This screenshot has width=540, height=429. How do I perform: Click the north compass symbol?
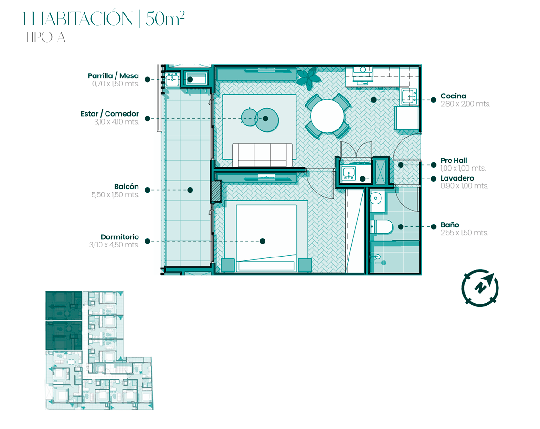(x=480, y=288)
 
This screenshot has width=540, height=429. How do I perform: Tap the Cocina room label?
(x=453, y=96)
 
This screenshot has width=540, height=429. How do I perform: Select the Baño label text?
(x=450, y=225)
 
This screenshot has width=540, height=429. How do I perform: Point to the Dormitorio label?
(x=119, y=237)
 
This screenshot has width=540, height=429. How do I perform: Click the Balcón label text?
(x=127, y=186)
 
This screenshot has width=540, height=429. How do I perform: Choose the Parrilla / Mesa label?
(x=113, y=76)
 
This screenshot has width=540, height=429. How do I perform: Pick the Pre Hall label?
(x=454, y=160)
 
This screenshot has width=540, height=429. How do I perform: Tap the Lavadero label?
(x=457, y=178)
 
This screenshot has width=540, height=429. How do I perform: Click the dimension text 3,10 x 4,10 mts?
(x=116, y=122)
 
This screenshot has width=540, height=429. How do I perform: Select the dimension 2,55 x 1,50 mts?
(x=464, y=233)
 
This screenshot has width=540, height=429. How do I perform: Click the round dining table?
(x=327, y=116)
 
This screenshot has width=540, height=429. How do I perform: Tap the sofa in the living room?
(x=263, y=155)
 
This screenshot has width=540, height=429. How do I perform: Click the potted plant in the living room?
(x=309, y=78)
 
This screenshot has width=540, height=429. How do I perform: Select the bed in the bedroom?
(x=266, y=238)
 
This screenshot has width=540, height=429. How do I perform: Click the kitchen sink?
(x=410, y=96)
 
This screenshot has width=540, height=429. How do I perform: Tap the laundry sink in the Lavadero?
(x=349, y=173)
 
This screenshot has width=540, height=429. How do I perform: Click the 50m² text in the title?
(x=165, y=19)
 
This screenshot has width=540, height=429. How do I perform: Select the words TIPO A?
(x=44, y=37)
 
